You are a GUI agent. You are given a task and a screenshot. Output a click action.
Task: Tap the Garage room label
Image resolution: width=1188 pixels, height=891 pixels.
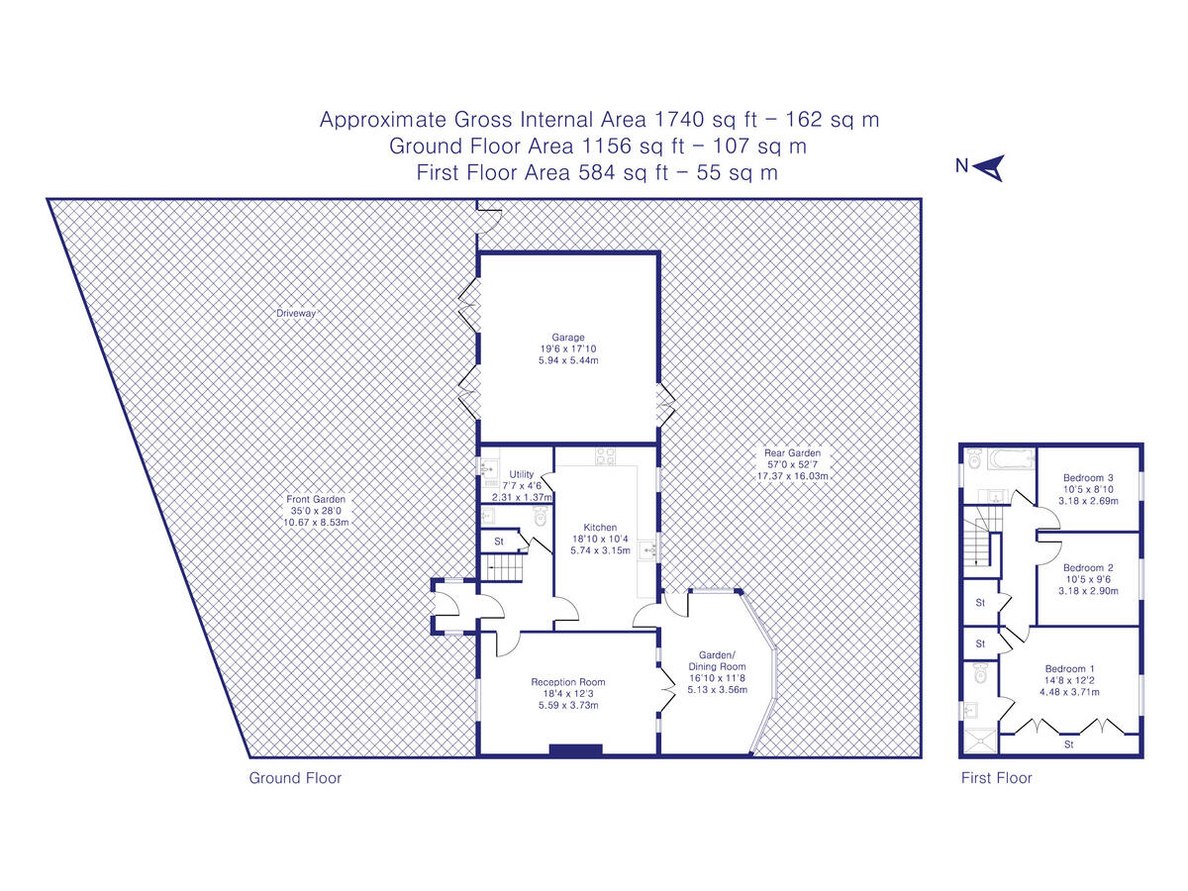point(567,337)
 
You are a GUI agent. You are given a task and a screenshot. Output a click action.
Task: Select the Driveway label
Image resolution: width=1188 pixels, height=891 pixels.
point(295,313)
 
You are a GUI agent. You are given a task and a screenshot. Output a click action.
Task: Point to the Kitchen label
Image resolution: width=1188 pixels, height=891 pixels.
point(600,527)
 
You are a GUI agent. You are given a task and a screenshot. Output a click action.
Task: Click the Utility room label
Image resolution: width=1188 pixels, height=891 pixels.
point(521,474)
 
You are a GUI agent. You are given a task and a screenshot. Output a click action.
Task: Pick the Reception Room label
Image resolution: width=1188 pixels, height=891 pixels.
point(567,682)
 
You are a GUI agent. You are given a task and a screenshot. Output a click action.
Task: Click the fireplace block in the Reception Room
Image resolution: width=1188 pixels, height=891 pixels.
point(576,749)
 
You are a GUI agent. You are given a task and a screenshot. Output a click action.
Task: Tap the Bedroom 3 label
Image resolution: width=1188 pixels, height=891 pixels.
point(1088,478)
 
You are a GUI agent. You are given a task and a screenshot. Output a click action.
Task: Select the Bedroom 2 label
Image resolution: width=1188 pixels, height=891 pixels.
point(1088,567)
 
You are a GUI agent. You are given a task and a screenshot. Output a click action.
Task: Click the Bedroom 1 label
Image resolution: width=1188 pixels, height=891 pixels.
point(1069,668)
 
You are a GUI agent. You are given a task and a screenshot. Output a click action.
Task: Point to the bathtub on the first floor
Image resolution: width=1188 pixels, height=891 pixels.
point(1011,458)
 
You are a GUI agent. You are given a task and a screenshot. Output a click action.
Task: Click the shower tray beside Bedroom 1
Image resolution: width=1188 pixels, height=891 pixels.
point(980,741)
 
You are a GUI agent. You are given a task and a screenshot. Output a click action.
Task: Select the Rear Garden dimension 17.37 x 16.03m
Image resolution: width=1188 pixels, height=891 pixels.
point(792,476)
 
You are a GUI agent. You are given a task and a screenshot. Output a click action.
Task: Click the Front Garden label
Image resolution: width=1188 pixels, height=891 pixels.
point(316,499)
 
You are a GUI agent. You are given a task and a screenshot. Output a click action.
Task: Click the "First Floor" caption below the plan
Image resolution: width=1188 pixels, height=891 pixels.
point(996,778)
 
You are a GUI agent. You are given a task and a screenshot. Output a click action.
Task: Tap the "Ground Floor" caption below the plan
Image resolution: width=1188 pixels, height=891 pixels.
point(295,778)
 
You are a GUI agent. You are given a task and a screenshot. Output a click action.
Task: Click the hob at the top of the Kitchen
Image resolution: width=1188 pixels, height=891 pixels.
point(605,456)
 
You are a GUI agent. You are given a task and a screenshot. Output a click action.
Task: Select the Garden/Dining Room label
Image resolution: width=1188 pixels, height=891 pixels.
point(717,660)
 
